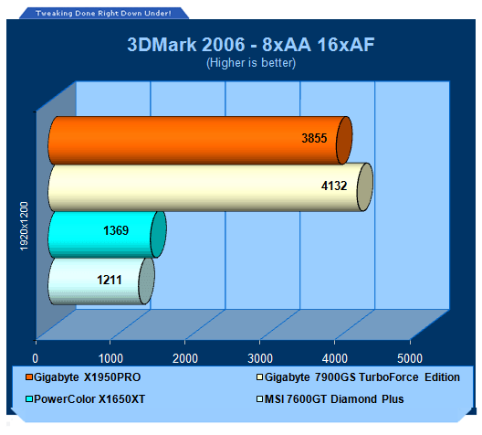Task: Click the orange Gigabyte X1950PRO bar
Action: click(x=200, y=141)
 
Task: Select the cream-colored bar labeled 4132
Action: click(x=211, y=187)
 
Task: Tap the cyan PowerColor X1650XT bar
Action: click(x=107, y=235)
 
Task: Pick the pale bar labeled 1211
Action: click(x=101, y=281)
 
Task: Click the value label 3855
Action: click(x=314, y=138)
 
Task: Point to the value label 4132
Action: click(x=334, y=186)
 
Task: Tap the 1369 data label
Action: click(x=116, y=230)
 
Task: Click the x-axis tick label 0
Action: click(x=36, y=359)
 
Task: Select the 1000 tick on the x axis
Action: click(x=110, y=359)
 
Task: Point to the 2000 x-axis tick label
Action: click(x=185, y=359)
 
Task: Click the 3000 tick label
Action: click(x=260, y=359)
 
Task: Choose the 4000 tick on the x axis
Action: click(x=335, y=359)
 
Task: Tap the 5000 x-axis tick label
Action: click(x=410, y=359)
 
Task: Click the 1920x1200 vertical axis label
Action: click(x=24, y=226)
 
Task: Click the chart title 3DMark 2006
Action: click(x=186, y=45)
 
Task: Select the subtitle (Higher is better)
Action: click(x=251, y=63)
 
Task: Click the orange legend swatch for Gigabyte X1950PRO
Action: click(x=29, y=377)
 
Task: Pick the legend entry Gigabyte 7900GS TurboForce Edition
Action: click(x=362, y=377)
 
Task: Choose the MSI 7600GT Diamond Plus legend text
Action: click(x=334, y=399)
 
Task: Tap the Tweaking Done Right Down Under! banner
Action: click(x=103, y=13)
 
